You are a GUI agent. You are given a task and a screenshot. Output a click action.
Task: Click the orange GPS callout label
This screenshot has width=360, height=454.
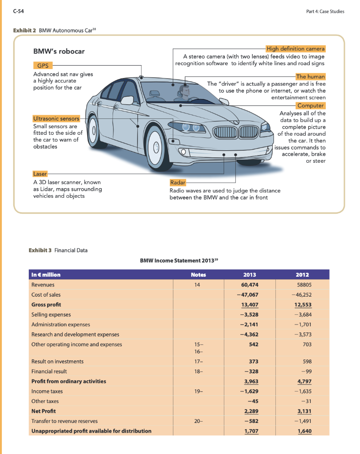(43, 66)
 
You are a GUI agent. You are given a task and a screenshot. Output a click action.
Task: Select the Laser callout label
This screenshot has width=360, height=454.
(39, 173)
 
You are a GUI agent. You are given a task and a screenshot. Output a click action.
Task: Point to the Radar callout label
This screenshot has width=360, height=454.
(178, 182)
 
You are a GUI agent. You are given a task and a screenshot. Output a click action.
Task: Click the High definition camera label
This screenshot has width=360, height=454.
(295, 48)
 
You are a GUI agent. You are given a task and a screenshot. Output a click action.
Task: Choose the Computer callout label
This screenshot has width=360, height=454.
(311, 106)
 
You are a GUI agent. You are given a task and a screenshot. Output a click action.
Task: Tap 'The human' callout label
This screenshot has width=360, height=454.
(310, 77)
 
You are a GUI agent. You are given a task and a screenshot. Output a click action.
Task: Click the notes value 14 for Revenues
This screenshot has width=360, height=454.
(197, 285)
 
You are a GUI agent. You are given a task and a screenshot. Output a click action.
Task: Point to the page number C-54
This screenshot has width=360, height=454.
(19, 12)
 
